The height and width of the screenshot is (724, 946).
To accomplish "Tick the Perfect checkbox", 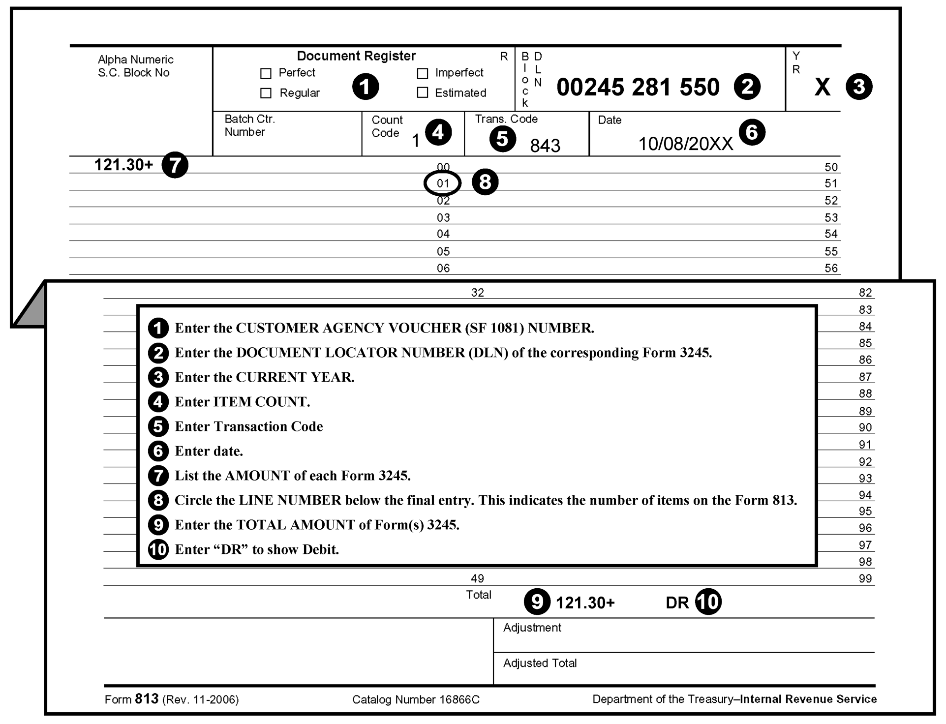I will [x=266, y=74].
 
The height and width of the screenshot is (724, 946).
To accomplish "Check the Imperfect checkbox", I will [x=422, y=74].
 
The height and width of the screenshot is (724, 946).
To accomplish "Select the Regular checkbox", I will [x=266, y=93].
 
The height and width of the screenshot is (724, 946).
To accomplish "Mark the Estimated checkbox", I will [x=422, y=92].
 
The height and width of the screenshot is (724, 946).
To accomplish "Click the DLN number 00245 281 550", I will [x=638, y=88].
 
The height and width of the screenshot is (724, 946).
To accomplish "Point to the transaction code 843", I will [x=545, y=146].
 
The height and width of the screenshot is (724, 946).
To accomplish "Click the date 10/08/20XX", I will [x=685, y=144].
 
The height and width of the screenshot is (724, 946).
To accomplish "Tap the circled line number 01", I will [x=443, y=183].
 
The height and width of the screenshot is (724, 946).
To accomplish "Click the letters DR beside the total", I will [x=677, y=603].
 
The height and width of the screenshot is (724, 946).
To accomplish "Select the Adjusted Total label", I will [x=540, y=663].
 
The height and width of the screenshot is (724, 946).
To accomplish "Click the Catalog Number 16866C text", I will [x=416, y=699].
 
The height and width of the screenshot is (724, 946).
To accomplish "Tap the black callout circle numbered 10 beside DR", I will [x=708, y=602].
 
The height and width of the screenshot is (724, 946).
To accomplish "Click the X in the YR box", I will [x=822, y=88].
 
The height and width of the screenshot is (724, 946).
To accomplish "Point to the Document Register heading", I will [x=356, y=56].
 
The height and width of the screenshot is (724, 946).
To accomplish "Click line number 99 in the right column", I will [x=865, y=578].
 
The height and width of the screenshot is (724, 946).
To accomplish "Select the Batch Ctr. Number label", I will [x=249, y=125].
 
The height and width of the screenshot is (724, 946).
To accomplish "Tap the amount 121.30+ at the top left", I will [x=123, y=165].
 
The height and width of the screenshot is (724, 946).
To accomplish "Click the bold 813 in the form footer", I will [x=147, y=699].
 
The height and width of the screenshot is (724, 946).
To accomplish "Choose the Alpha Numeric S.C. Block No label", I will [x=135, y=66].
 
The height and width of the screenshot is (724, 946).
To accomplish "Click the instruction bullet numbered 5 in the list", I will [x=158, y=426].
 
